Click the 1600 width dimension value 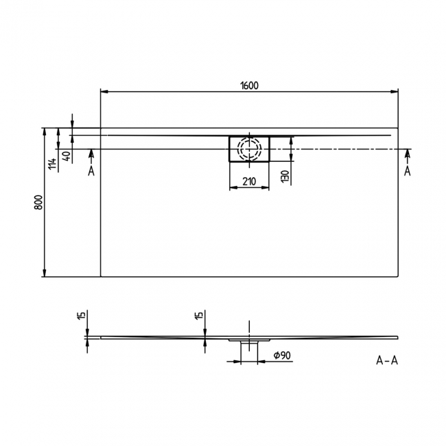(249, 85)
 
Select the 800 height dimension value (39, 202)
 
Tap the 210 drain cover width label (248, 181)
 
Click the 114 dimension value (51, 164)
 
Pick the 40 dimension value (66, 156)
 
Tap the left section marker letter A (91, 171)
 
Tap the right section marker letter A (408, 171)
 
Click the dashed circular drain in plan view (249, 148)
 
